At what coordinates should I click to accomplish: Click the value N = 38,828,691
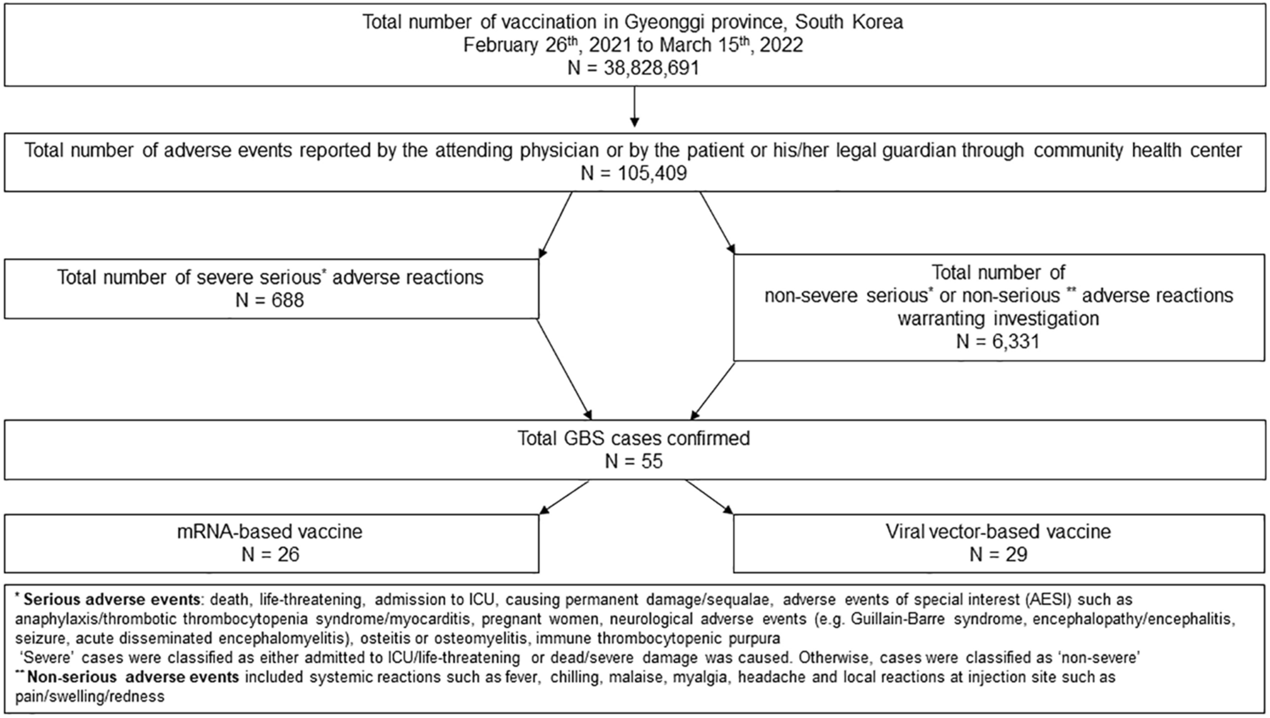coord(633,68)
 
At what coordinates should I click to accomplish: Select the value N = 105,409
coord(633,174)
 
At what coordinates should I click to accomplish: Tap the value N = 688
coord(270,300)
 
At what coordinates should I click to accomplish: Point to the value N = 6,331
coord(998,341)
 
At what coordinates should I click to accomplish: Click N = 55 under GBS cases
coord(633,462)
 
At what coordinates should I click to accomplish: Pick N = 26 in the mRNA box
coord(270,554)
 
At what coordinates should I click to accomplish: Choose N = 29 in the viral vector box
coord(998,554)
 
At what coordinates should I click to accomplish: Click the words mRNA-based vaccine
coord(270,532)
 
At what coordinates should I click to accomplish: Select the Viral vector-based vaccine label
coord(998,532)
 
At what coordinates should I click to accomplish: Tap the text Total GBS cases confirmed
coord(633,438)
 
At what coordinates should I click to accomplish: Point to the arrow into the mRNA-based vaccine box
coord(564,497)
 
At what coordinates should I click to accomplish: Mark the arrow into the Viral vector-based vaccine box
coord(709,497)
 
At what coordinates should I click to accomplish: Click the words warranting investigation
coord(998,319)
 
